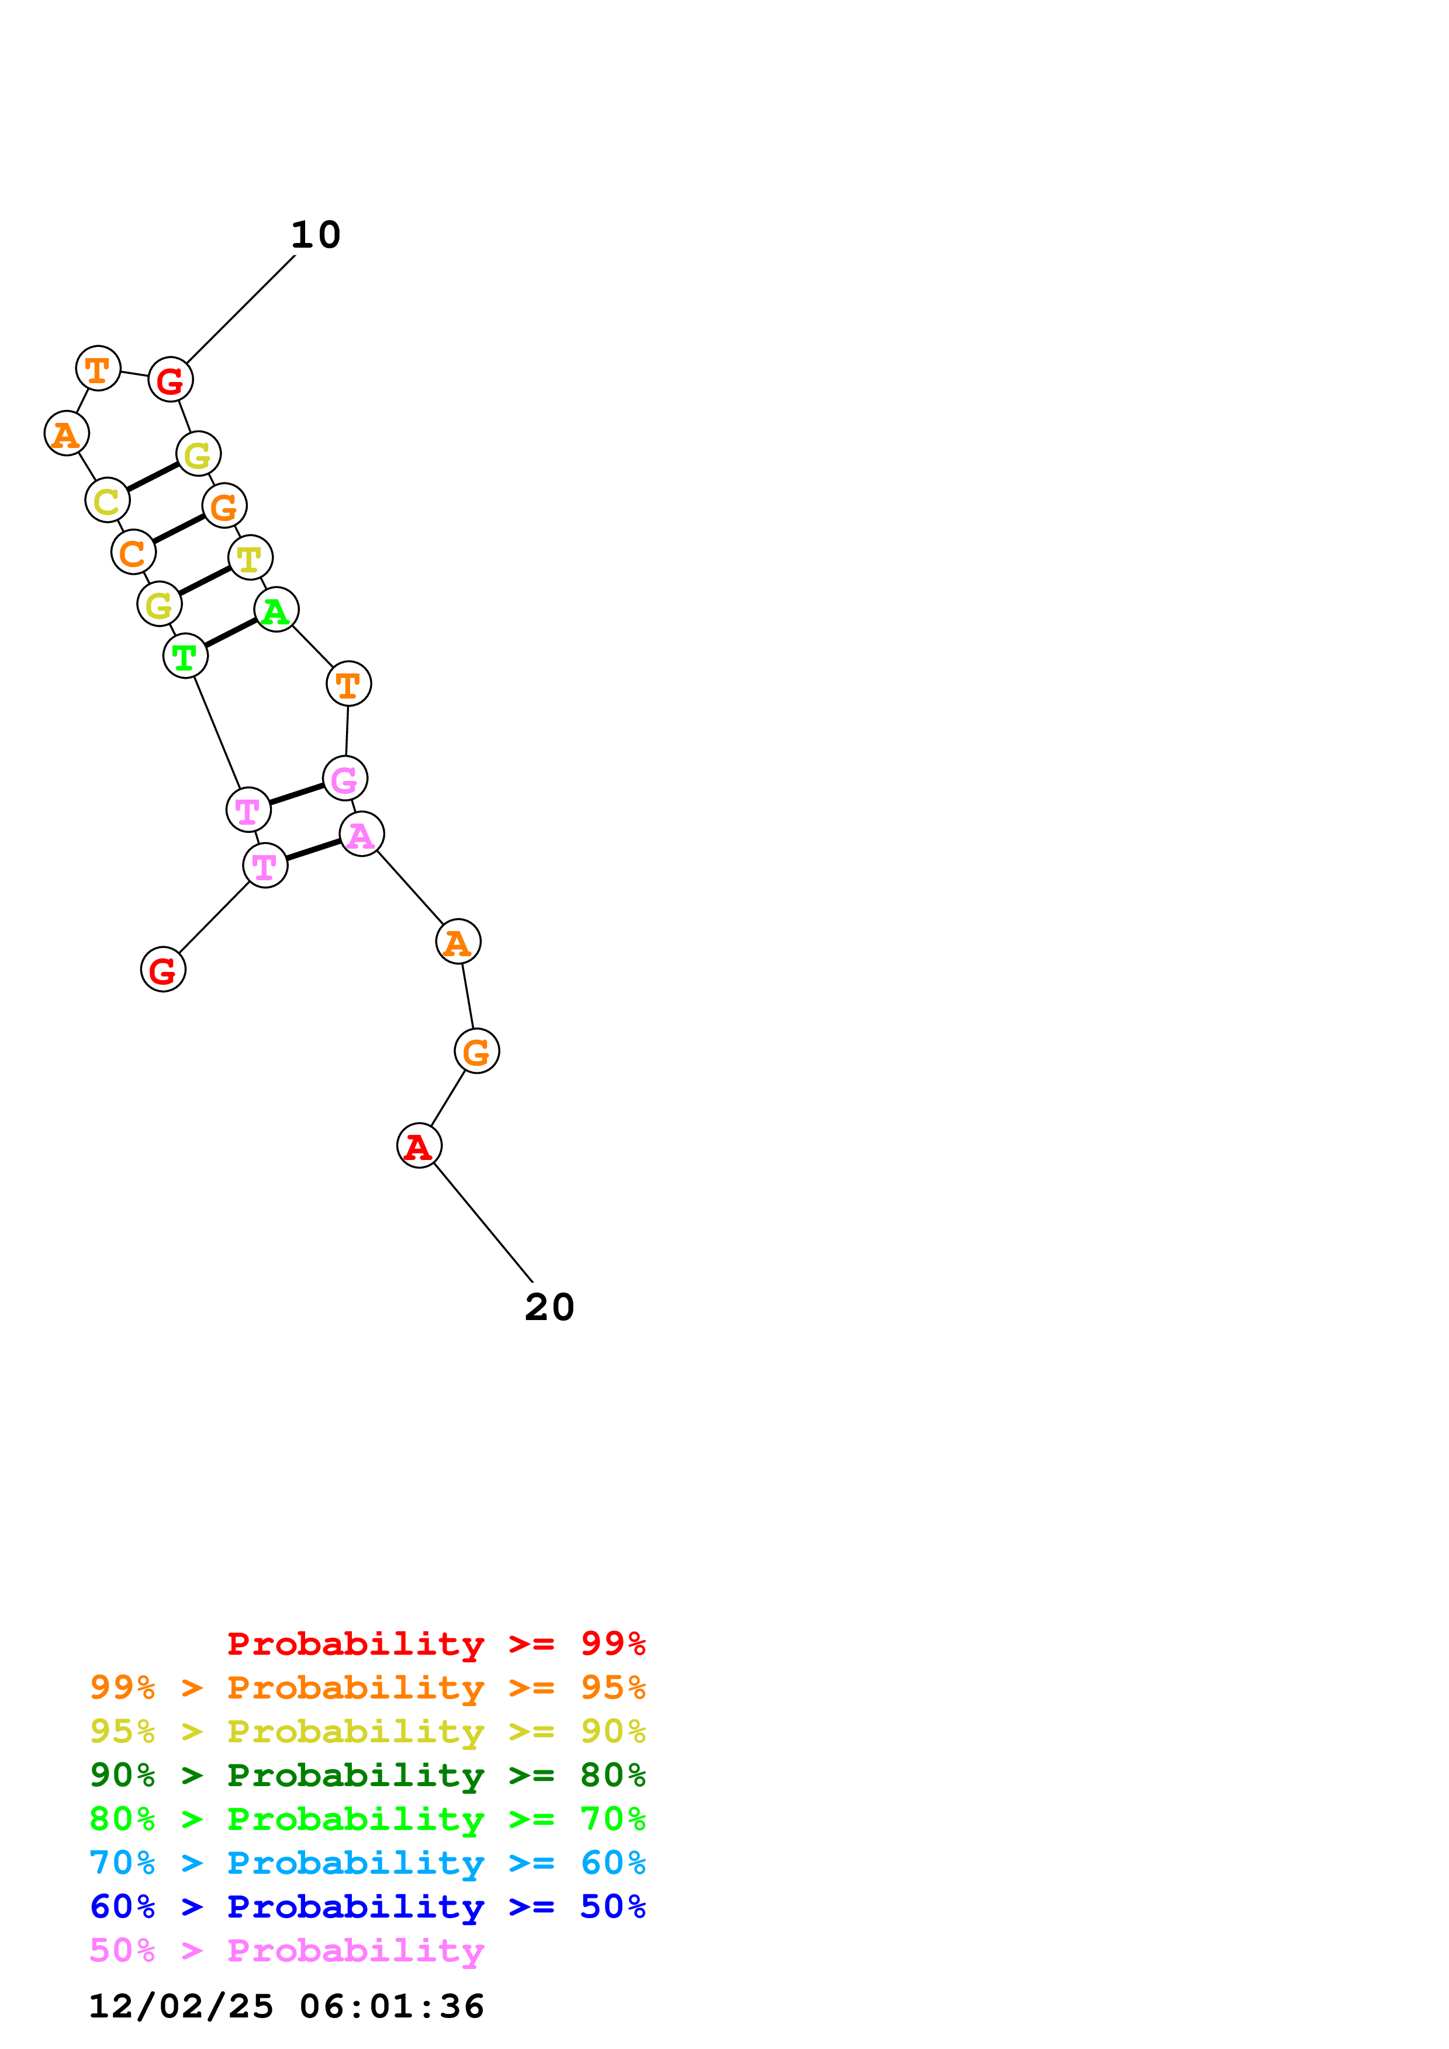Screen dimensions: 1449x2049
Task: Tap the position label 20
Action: coord(549,1307)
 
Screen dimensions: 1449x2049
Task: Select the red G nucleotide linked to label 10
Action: coord(171,380)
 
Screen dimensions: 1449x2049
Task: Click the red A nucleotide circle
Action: coord(419,1146)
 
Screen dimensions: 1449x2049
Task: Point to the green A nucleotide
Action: coord(276,610)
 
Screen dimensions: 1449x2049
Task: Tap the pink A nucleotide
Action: coord(362,835)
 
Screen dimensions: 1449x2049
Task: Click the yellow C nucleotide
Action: coord(107,501)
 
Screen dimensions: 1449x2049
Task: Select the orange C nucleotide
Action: coord(133,553)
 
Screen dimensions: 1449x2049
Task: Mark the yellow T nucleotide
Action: coord(250,558)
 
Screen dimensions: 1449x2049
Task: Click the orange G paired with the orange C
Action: coord(224,506)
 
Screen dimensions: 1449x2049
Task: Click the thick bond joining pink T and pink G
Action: coord(296,794)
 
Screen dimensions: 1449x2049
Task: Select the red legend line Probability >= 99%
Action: coord(435,1644)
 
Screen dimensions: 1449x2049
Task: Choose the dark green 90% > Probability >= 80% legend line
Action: coord(367,1775)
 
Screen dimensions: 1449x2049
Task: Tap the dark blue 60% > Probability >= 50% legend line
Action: coord(367,1906)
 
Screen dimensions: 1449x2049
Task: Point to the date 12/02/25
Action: coord(181,2006)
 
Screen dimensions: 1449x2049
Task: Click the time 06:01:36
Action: coord(392,2006)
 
